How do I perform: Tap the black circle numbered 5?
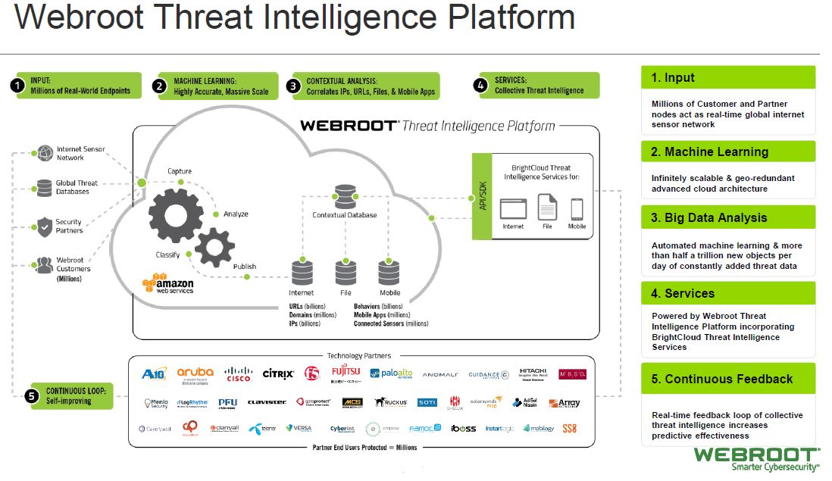[31, 395]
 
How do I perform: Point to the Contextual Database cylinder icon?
[345, 196]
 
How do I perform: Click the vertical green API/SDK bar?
[482, 195]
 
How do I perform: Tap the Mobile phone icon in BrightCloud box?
[577, 208]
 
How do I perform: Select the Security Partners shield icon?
[44, 226]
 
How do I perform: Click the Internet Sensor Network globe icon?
[44, 153]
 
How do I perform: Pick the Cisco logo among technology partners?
[238, 374]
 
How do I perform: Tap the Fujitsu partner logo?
[346, 373]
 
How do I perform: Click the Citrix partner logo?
[278, 373]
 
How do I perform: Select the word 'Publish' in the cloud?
[245, 267]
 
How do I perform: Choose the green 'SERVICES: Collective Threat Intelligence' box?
[539, 86]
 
